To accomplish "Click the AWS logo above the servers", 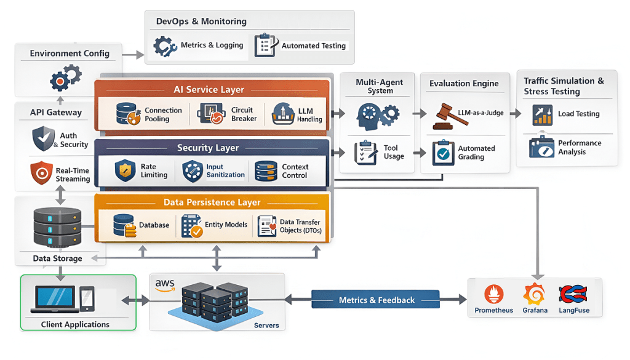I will pyautogui.click(x=165, y=285).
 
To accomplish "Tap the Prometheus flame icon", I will pyautogui.click(x=493, y=294).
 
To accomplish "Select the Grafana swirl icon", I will pyautogui.click(x=534, y=294).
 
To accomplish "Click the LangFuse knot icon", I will pyautogui.click(x=573, y=294).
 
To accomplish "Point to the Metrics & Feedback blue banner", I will pyautogui.click(x=377, y=300).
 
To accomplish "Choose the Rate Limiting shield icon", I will pyautogui.click(x=126, y=170).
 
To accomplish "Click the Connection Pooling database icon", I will pyautogui.click(x=127, y=114).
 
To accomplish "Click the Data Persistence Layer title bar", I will pyautogui.click(x=212, y=202).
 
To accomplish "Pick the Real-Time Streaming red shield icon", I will pyautogui.click(x=41, y=174).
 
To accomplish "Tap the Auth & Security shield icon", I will pyautogui.click(x=44, y=139).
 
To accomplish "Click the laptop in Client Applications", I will pyautogui.click(x=55, y=298).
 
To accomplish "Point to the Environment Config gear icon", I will pyautogui.click(x=65, y=78).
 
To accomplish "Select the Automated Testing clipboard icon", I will pyautogui.click(x=265, y=46).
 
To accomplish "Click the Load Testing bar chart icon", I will pyautogui.click(x=542, y=115).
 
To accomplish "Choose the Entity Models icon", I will pyautogui.click(x=192, y=226).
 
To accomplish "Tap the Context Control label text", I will pyautogui.click(x=295, y=171).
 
